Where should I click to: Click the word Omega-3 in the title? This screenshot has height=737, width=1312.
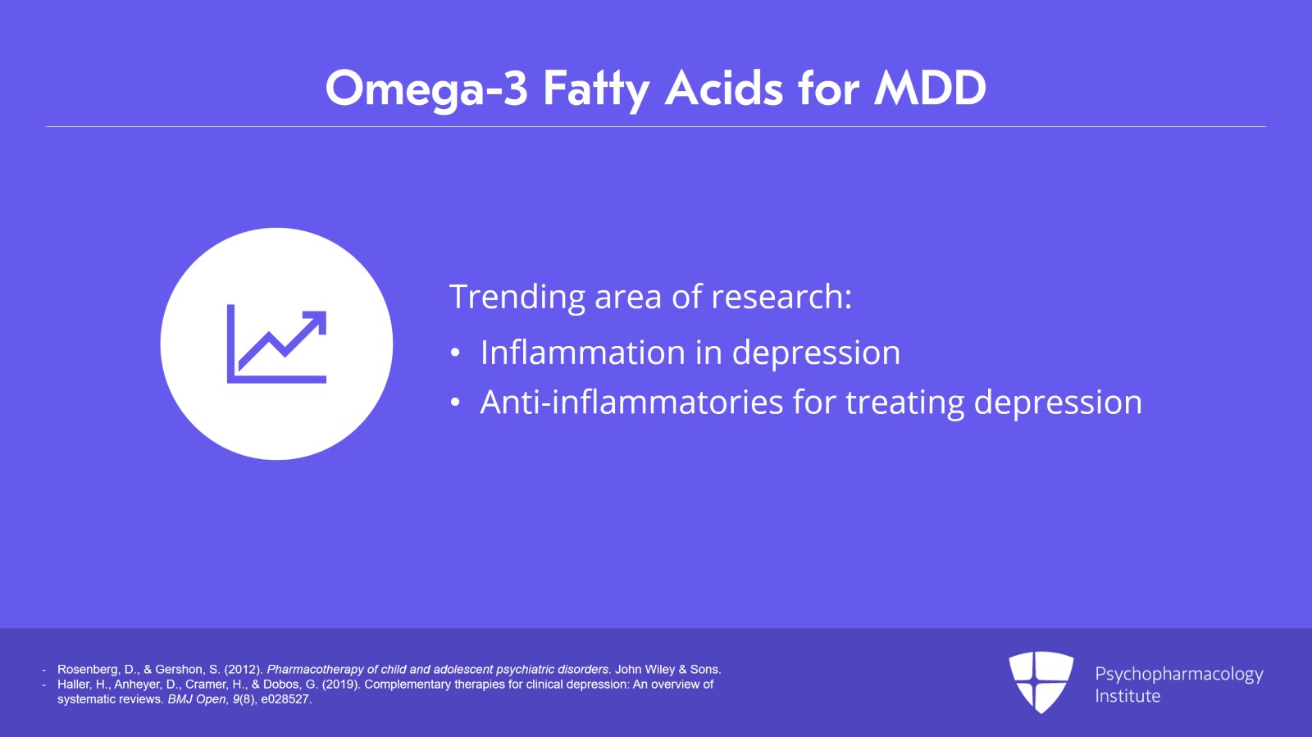[426, 89]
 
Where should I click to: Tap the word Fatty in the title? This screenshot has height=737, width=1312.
[596, 89]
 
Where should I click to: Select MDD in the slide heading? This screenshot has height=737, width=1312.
[930, 89]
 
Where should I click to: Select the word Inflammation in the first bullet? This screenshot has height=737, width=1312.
[582, 353]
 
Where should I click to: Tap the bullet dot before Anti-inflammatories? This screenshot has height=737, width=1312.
[455, 403]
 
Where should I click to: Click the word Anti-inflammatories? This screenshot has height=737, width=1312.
[631, 403]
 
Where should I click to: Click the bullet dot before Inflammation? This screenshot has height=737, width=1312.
[455, 353]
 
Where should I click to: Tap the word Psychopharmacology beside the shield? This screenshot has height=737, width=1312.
[1178, 674]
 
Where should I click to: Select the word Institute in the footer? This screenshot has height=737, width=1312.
[1127, 696]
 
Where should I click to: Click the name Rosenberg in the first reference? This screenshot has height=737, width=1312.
[86, 670]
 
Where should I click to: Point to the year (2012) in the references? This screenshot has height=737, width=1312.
[242, 670]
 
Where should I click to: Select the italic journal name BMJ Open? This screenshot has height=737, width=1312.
[196, 699]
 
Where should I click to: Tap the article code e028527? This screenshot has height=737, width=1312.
[285, 699]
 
